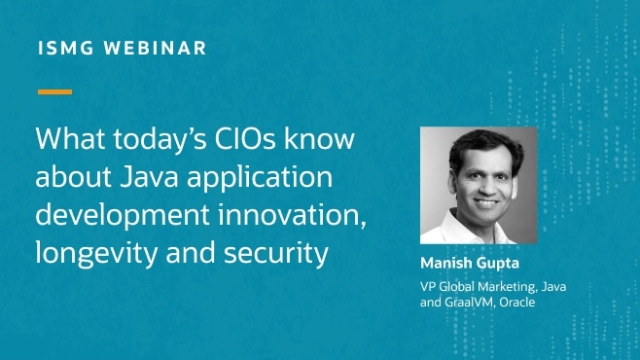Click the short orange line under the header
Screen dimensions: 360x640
[x=54, y=92]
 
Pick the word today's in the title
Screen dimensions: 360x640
[x=143, y=139]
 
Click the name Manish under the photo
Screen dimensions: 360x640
[x=446, y=264]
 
